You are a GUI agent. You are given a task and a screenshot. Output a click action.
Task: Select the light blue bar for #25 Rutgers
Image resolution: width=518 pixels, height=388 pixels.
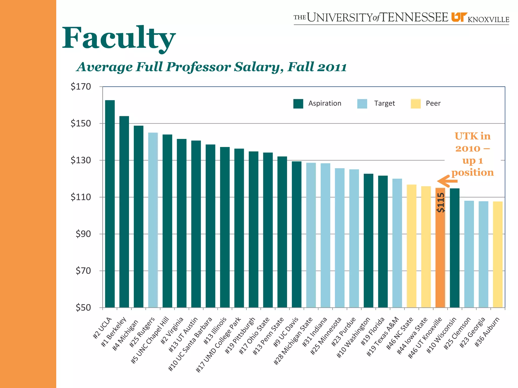[x=153, y=220]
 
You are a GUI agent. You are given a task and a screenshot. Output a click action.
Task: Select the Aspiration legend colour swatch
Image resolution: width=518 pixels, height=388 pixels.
[x=298, y=104]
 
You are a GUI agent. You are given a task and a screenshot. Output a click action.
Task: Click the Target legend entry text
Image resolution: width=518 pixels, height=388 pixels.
[x=384, y=103]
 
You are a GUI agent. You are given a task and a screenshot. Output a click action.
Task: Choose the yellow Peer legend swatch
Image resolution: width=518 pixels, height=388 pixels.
[x=416, y=104]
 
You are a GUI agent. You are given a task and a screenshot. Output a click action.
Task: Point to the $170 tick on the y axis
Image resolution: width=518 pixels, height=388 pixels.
[x=81, y=87]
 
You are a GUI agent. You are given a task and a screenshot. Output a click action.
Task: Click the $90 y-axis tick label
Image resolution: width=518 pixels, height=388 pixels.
[x=83, y=234]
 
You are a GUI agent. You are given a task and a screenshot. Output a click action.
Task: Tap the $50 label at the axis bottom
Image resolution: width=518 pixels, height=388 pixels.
[x=83, y=307]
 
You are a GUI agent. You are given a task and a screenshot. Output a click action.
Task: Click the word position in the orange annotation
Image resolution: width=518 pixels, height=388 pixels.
[x=472, y=173]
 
